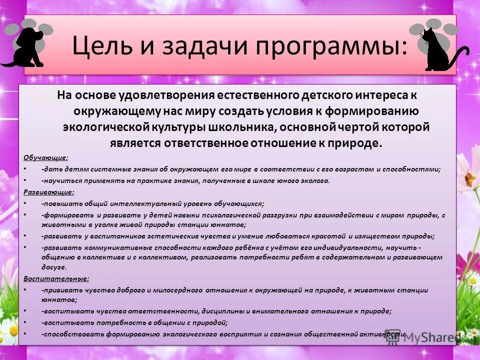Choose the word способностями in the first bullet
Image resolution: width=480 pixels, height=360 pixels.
409,169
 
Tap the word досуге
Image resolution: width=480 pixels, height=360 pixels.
52,267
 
